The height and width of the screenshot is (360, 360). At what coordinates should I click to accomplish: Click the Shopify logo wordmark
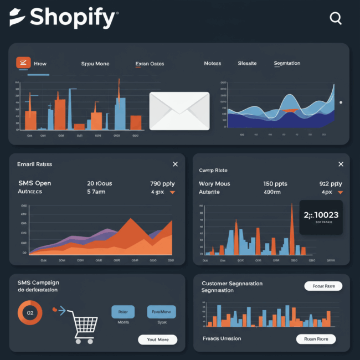point(64,18)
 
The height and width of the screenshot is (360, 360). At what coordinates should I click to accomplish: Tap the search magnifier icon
point(336,18)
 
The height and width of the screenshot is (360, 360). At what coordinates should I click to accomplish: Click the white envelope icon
point(179,111)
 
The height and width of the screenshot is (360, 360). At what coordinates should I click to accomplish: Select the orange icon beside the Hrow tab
point(23,63)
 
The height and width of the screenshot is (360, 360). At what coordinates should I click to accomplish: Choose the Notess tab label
point(212,64)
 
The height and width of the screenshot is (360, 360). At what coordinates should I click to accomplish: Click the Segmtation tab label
point(287,64)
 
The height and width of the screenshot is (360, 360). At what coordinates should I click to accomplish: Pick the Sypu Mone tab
point(95,64)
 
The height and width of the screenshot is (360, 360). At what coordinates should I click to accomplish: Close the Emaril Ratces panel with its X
point(175,164)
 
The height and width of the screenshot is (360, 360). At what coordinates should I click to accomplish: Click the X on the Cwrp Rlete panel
point(341,164)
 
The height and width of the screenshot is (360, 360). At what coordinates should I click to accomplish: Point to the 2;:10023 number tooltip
point(321,217)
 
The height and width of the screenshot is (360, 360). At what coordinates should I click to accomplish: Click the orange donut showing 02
point(30,313)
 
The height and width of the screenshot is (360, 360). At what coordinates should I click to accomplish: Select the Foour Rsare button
point(323,286)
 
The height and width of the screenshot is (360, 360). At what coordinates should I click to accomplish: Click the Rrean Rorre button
point(316,339)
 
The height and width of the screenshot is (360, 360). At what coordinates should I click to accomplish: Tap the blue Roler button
point(123,312)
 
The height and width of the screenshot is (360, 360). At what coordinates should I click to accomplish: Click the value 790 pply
point(163,183)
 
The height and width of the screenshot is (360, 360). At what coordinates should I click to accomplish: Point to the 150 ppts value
point(275,183)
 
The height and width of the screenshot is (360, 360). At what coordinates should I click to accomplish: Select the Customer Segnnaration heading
point(232,284)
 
